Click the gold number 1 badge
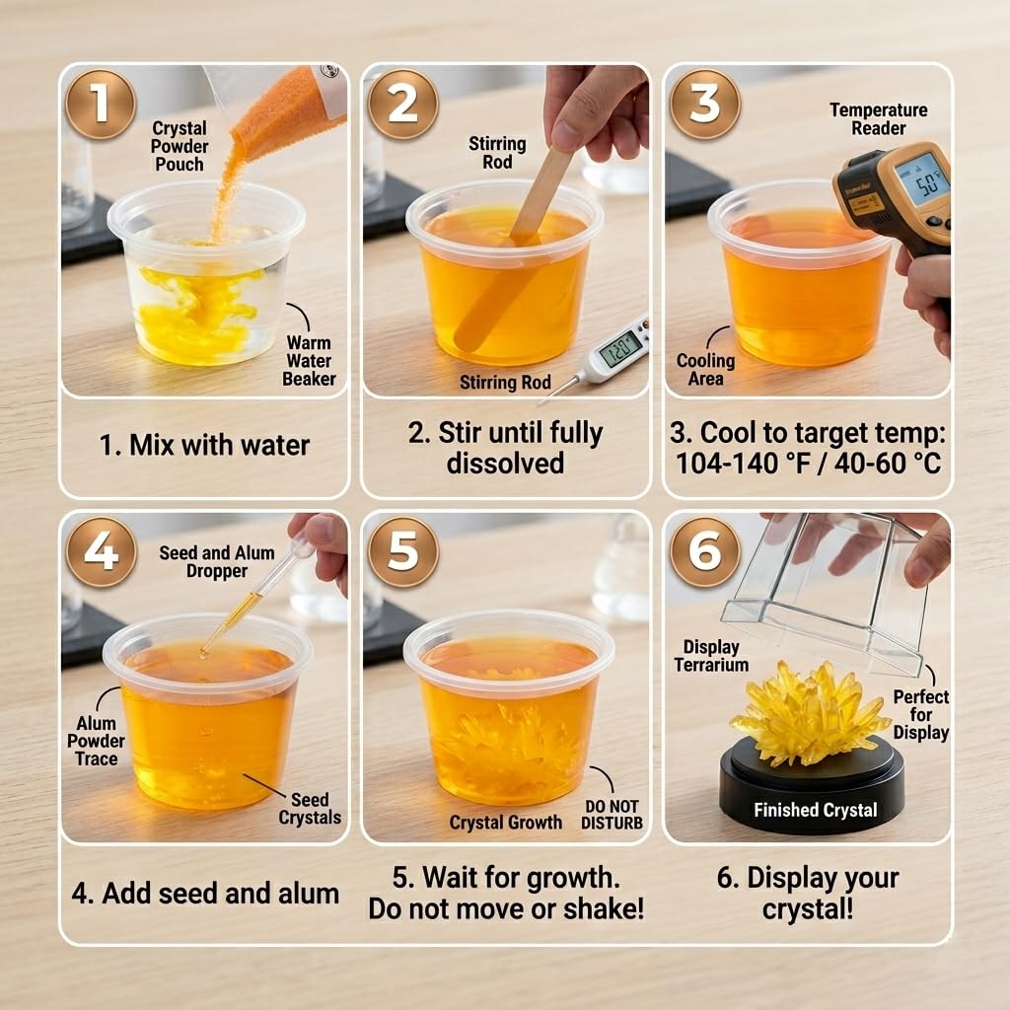point(101,104)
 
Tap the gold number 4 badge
point(101,552)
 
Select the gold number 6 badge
point(705,552)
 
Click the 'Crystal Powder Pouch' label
point(180,146)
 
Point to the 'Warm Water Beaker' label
point(309,361)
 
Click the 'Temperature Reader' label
point(879,119)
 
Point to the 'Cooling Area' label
point(705,370)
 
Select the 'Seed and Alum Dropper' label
point(217,561)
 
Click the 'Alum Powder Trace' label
point(96,741)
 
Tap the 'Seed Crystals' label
point(310,809)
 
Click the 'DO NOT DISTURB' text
point(612,815)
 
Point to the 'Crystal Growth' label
point(506,823)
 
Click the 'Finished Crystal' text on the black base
point(816,810)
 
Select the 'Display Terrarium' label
point(711,656)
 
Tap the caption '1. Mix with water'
point(204,445)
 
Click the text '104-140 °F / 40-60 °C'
point(808,464)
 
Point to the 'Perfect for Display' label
point(921,715)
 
